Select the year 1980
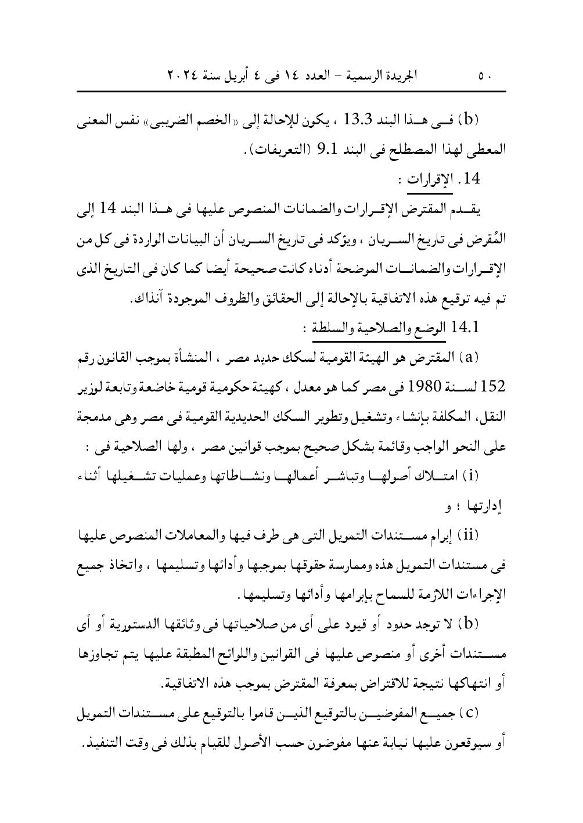click(428, 385)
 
